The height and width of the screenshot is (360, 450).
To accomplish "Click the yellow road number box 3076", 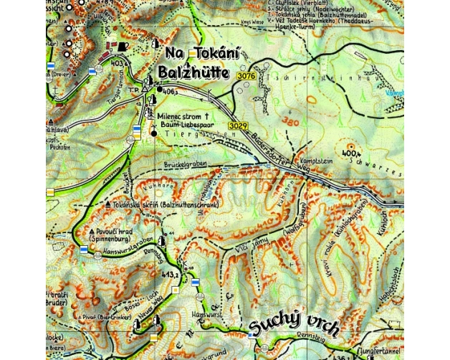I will tap(245, 75).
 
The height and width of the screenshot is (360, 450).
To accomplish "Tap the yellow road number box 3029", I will tap(238, 125).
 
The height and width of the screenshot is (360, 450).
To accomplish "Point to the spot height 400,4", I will tap(350, 153).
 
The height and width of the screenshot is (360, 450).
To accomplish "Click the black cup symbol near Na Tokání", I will tap(124, 47).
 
